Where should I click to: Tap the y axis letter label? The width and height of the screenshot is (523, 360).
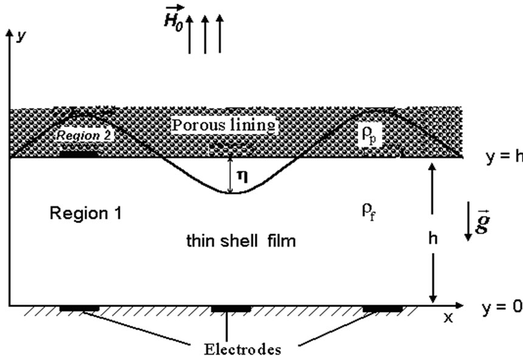(x=22, y=36)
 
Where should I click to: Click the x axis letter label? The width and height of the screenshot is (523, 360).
(x=448, y=317)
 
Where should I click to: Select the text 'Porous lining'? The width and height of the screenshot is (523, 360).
(x=224, y=125)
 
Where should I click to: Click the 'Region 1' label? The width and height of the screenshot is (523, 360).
(x=86, y=213)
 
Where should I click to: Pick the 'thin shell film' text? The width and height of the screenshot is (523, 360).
(x=241, y=241)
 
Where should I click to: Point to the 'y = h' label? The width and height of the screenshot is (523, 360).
(x=503, y=157)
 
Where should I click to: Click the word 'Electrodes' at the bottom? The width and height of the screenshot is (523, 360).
(x=243, y=349)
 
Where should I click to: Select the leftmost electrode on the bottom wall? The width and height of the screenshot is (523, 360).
(x=79, y=309)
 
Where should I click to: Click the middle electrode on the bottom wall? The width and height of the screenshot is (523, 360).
(x=230, y=309)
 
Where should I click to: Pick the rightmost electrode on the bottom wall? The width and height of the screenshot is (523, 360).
(x=382, y=309)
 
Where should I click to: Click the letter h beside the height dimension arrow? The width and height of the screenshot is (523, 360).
(x=432, y=238)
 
